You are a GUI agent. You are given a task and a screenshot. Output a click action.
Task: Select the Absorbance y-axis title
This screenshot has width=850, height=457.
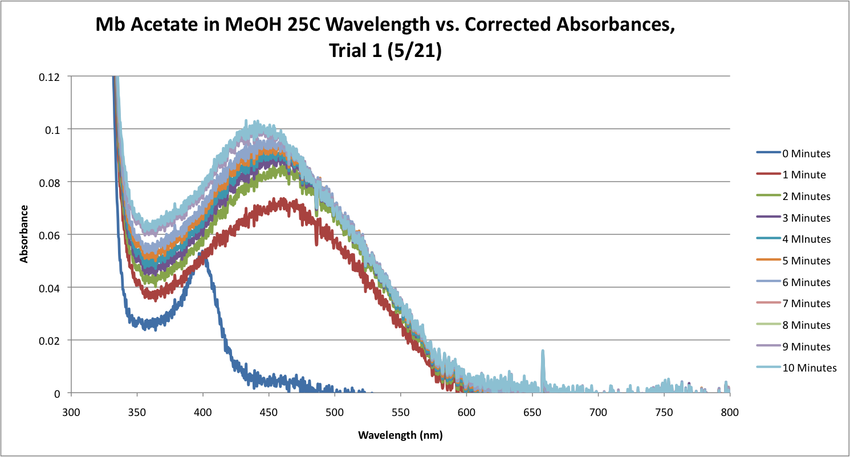click(x=25, y=235)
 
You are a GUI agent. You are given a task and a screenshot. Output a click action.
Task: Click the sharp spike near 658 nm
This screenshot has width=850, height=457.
click(x=543, y=352)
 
